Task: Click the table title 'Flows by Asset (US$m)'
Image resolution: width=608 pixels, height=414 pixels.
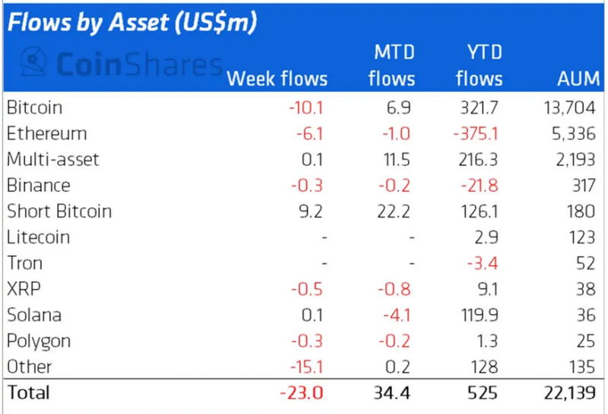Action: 131,22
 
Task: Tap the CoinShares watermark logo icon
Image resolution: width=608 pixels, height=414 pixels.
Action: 33,61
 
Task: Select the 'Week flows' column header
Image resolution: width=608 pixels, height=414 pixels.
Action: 277,79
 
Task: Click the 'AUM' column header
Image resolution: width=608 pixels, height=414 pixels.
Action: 578,79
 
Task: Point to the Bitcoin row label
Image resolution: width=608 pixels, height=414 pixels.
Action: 34,107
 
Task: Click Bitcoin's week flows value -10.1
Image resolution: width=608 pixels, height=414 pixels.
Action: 306,107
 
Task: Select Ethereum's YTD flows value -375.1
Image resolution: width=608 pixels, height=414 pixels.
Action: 476,134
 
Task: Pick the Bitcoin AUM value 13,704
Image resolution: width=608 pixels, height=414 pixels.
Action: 569,107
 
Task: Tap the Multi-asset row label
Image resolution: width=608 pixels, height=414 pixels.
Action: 52,160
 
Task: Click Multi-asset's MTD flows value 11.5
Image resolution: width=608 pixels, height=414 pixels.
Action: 397,160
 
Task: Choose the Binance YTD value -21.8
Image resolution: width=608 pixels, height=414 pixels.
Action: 479,186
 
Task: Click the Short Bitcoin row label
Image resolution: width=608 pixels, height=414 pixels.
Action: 59,212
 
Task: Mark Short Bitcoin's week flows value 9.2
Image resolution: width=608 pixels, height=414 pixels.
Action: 311,212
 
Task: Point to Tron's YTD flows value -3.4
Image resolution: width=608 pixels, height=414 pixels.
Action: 483,264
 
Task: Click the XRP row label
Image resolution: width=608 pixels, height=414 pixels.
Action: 24,289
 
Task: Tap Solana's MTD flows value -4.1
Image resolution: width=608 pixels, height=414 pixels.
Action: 396,315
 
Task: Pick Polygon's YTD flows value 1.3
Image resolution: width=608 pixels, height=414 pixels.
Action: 488,342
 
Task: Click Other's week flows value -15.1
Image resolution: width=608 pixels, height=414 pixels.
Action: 306,367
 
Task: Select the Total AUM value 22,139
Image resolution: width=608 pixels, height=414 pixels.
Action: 569,393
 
